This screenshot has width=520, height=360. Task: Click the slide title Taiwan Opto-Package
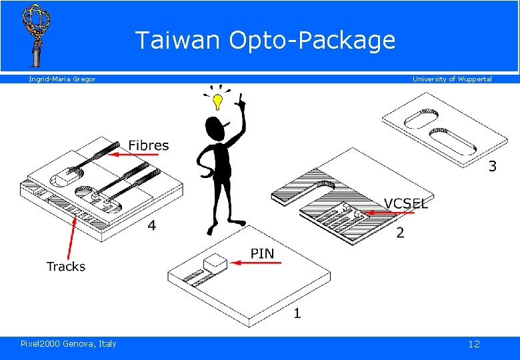click(x=265, y=41)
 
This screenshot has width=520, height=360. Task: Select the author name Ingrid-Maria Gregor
click(x=62, y=79)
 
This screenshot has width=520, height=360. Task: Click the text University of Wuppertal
click(x=452, y=79)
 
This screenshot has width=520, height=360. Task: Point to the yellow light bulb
click(x=217, y=101)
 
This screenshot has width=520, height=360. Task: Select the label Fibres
click(x=149, y=145)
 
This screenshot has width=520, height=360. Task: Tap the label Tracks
click(x=66, y=267)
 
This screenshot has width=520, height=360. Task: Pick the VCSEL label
click(x=406, y=203)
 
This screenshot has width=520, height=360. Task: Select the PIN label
click(x=262, y=253)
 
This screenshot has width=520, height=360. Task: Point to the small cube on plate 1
click(x=214, y=263)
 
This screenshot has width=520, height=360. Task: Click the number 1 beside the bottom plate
click(x=297, y=313)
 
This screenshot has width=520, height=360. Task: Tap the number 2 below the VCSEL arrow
click(x=400, y=233)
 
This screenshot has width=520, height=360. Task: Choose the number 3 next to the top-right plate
click(x=492, y=167)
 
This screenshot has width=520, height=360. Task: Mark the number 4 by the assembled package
click(x=152, y=226)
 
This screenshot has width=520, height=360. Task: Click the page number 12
click(x=474, y=344)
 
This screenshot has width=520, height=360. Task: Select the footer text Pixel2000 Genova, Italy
click(x=69, y=344)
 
